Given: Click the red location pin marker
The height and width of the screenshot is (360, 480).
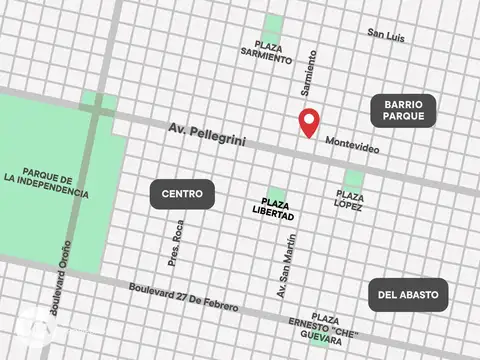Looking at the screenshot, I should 310,122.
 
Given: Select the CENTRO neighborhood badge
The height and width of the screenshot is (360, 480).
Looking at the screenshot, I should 182,194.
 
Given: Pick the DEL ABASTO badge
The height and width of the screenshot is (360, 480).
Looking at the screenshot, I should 408,294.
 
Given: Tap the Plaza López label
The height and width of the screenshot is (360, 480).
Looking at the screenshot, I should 350,201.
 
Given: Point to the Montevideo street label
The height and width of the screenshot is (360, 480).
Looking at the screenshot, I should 352,144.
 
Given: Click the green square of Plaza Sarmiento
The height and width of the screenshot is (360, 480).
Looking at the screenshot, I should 272,26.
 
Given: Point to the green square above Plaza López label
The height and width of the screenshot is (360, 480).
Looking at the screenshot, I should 353,179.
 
